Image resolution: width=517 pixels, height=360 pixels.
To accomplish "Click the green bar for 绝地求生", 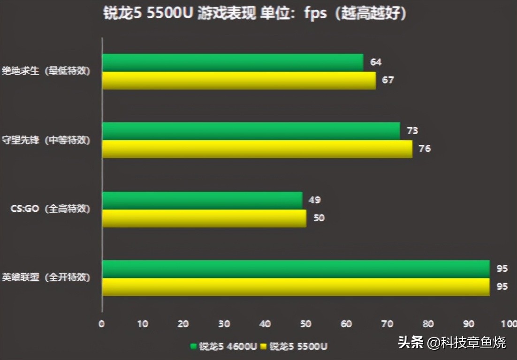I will tap(233, 63).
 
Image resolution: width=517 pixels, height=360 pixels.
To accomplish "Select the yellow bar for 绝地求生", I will tap(239, 80).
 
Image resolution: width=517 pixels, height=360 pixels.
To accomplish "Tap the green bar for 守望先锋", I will tap(251, 131).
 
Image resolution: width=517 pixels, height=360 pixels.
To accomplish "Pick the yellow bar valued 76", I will tap(257, 149).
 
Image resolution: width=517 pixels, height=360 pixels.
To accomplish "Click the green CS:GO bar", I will tap(202, 200).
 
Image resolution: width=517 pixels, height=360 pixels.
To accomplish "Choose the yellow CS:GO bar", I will tap(204, 218).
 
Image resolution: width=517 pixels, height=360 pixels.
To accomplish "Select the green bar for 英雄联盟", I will tap(296, 269).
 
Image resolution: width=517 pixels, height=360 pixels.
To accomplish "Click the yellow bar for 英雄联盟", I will tap(296, 287).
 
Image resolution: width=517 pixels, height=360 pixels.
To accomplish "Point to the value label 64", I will tap(376, 62).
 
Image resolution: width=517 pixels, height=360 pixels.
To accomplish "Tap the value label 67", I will tap(388, 80).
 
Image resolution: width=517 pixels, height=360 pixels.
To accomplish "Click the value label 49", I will tap(314, 200).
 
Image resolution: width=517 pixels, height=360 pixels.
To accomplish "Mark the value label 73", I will tap(412, 131).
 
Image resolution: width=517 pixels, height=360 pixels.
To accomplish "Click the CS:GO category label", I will tap(50, 209).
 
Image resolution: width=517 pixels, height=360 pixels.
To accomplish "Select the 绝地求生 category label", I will tap(46, 72).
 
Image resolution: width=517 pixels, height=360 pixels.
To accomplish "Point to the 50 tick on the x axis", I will tap(306, 323).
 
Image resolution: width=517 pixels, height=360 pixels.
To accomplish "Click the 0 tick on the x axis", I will tap(102, 323).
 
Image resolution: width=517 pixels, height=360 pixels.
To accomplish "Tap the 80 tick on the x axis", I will tap(428, 323).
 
